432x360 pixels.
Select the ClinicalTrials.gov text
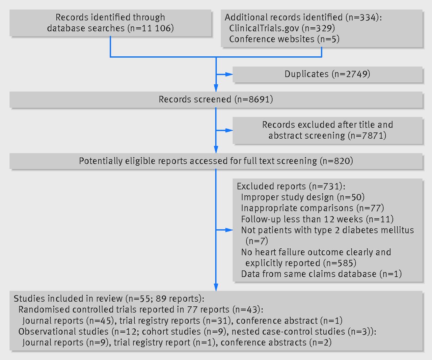(x=264, y=28)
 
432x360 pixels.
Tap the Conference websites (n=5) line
(x=284, y=39)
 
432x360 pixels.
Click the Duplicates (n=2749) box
(x=327, y=74)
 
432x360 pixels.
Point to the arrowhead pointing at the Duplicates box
(x=229, y=74)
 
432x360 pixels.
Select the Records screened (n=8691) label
(x=216, y=99)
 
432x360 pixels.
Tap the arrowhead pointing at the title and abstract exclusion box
(x=229, y=130)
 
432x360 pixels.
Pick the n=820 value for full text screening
(x=336, y=161)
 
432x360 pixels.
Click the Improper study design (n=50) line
(x=303, y=197)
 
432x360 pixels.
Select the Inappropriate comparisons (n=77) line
(x=313, y=208)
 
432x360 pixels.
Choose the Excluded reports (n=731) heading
(x=291, y=187)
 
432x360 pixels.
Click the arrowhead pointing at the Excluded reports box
(x=229, y=230)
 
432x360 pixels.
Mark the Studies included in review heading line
(x=109, y=299)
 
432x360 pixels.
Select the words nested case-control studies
(x=288, y=332)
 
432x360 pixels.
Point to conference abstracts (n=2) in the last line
(x=276, y=342)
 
